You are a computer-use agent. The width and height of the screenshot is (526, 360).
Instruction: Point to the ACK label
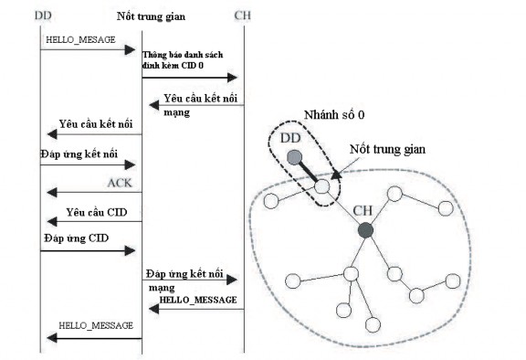tap(119, 183)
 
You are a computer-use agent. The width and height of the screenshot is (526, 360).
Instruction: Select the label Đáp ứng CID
tap(73, 238)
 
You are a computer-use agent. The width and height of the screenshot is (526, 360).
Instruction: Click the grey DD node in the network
tap(294, 156)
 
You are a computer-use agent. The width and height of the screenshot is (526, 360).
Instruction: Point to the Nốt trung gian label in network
tap(389, 149)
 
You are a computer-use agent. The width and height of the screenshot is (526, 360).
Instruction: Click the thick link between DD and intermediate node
tap(309, 172)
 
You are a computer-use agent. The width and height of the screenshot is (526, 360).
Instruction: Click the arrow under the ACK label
tap(91, 192)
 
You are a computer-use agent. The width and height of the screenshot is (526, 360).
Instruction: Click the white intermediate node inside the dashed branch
tap(322, 186)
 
